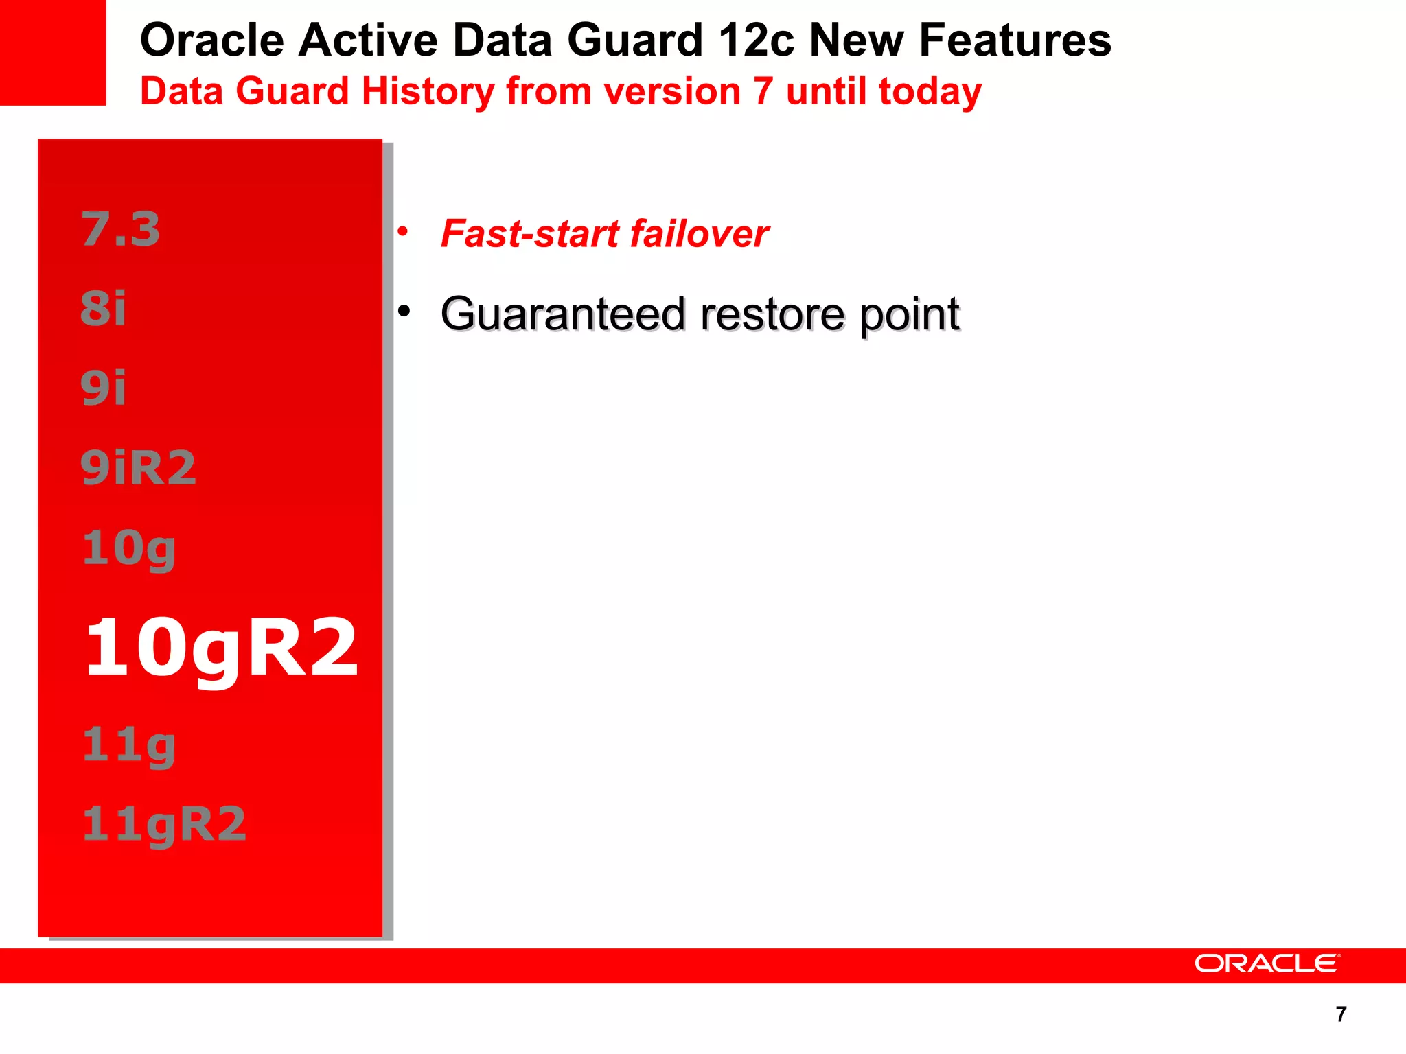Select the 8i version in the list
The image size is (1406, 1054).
point(103,308)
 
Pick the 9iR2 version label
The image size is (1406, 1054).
point(138,467)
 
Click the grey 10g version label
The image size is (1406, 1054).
point(128,549)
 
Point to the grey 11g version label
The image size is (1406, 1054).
point(128,745)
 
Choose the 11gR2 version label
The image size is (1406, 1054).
point(163,824)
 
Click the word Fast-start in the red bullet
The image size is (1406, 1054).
point(530,233)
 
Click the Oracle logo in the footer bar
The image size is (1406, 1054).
point(1267,963)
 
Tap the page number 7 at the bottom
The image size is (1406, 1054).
point(1341,1014)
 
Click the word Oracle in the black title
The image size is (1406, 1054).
point(211,40)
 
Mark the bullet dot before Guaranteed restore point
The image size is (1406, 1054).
point(404,312)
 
